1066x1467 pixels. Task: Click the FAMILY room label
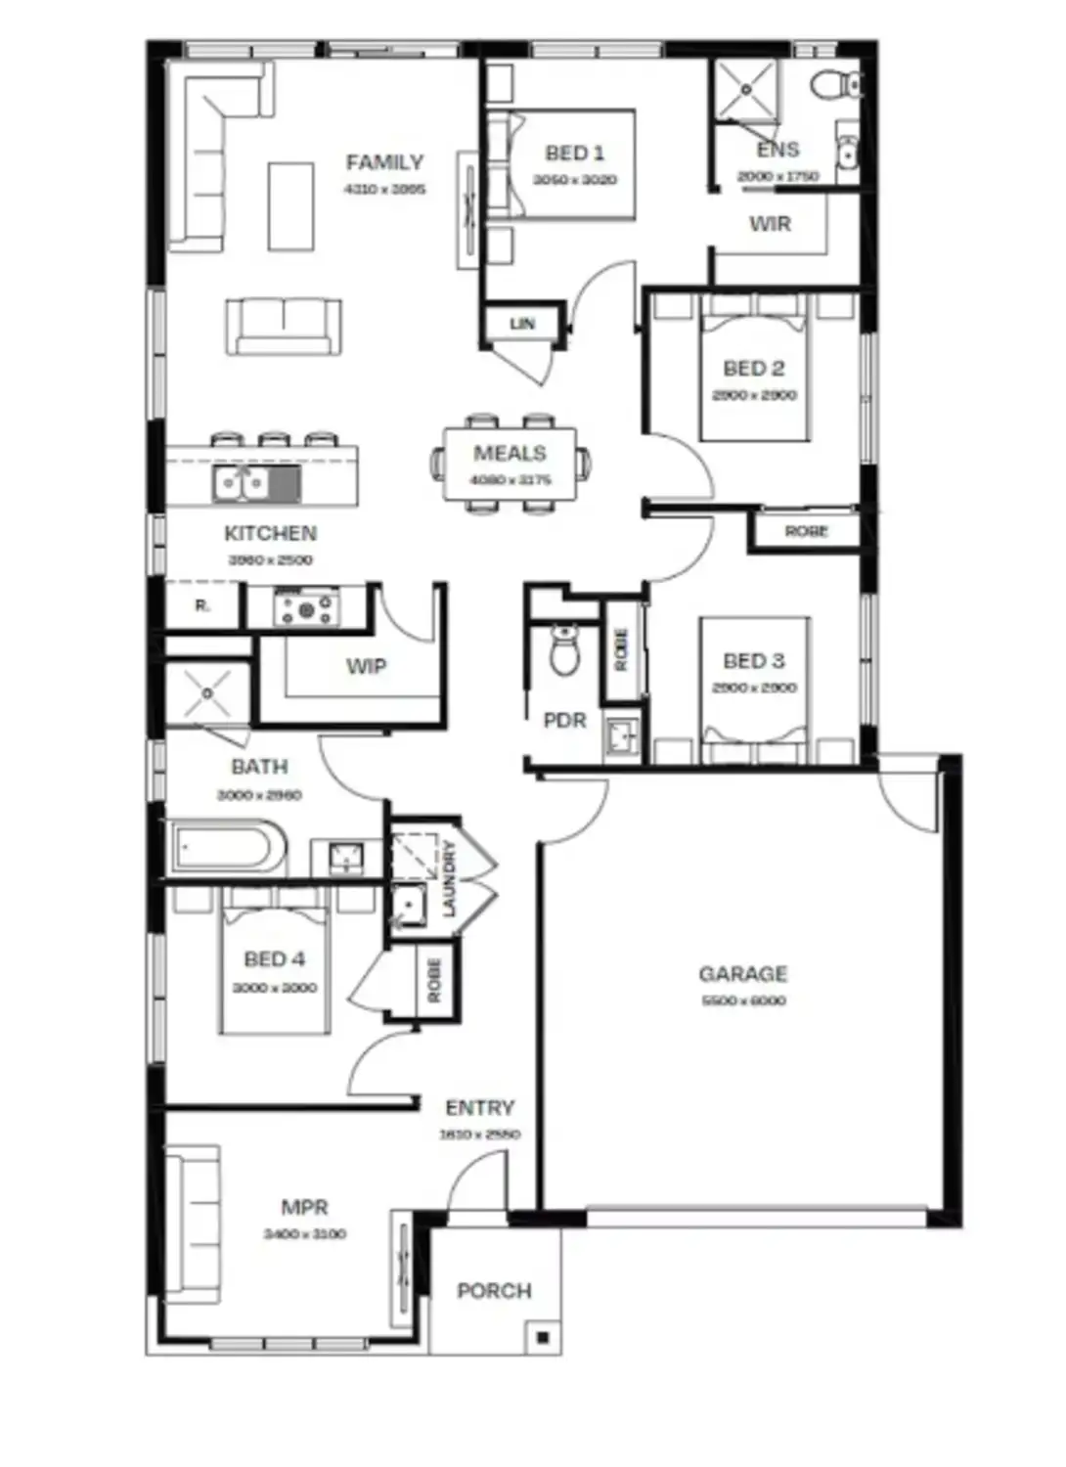[x=384, y=162]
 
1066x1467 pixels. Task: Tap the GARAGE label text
[x=742, y=974]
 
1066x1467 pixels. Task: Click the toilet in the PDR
[x=564, y=651]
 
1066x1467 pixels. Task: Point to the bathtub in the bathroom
[x=228, y=849]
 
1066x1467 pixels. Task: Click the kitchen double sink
[x=241, y=483]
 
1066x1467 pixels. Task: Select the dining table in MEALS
[x=510, y=464]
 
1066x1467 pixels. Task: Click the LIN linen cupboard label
[x=522, y=324]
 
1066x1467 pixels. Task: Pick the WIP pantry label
[x=366, y=667]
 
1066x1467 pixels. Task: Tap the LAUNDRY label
[x=449, y=878]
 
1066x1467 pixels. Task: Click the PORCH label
[x=494, y=1291]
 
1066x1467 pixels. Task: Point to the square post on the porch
[x=543, y=1337]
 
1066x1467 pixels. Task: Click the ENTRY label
[x=479, y=1108]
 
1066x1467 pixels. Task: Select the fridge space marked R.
[x=202, y=606]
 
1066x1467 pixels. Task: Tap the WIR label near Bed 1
[x=770, y=224]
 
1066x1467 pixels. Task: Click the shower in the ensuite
[x=745, y=90]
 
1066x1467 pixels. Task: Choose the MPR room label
[x=304, y=1208]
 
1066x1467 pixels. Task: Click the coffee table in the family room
[x=290, y=204]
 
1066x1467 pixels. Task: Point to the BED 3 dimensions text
[x=754, y=688]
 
